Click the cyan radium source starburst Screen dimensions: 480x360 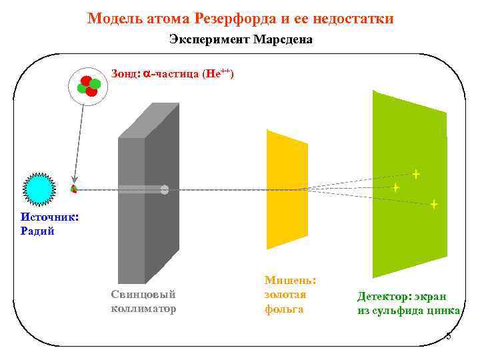39,189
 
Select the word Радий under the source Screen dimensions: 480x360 37,231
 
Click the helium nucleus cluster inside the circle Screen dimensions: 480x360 89,86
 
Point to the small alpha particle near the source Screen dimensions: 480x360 74,189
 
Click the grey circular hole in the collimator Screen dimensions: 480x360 165,190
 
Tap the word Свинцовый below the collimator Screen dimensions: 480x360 143,295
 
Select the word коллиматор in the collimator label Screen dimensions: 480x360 143,309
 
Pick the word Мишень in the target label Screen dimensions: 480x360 290,281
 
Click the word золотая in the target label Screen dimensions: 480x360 285,295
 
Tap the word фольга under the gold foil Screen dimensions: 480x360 284,309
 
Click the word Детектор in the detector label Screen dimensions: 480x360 384,297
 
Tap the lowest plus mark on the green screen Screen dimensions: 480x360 434,205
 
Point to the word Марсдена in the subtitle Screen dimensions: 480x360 283,40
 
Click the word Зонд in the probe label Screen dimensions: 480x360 125,75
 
